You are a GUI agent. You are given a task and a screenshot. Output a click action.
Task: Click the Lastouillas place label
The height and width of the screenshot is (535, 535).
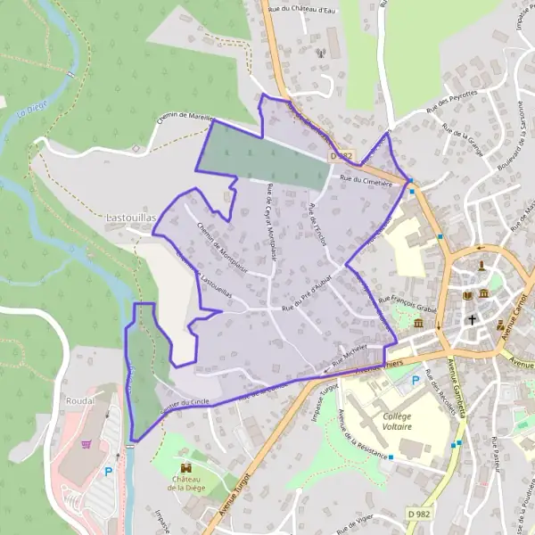coord(132,217)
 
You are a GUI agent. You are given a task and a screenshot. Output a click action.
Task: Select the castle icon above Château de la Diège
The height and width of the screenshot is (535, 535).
coord(186,467)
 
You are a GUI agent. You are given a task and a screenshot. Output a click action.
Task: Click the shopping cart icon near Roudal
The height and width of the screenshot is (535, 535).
coord(87,442)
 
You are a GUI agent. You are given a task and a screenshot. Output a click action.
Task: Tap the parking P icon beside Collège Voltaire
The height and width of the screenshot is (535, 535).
coord(414,381)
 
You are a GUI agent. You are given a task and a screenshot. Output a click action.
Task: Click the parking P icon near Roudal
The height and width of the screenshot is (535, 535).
coord(109,472)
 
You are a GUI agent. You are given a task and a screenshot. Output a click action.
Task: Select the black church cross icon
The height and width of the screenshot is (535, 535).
coord(473,318)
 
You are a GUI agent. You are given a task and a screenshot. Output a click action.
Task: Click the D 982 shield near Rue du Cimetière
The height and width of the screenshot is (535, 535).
coord(342,155)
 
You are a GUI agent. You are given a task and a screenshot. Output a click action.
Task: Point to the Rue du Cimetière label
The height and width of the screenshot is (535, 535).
coord(366,178)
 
